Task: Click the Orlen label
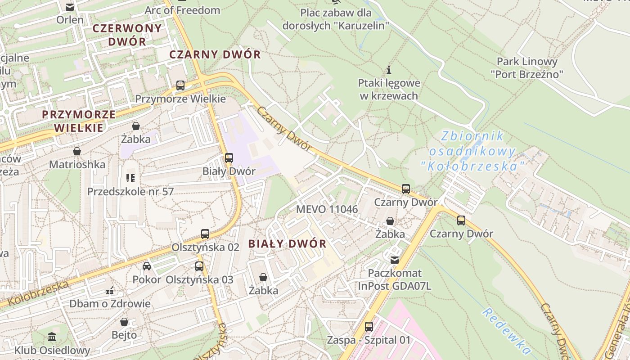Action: coord(70,20)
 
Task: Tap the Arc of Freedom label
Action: coord(182,10)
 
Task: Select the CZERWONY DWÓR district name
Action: coord(127,35)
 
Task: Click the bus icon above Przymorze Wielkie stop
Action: coord(180,85)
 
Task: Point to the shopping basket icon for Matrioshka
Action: coord(77,151)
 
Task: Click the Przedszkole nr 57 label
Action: coord(130,191)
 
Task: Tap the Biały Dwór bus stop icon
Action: coord(229,158)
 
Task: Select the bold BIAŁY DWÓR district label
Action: coord(287,244)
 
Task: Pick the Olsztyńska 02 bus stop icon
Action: coord(205,234)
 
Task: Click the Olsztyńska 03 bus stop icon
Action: coord(199,266)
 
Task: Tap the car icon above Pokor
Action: coord(147,266)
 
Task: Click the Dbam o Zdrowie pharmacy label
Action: coord(110,303)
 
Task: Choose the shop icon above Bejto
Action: coord(124,322)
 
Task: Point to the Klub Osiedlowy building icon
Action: coord(52,337)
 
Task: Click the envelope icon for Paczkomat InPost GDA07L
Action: coord(395,260)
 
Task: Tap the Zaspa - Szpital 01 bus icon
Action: coord(369,327)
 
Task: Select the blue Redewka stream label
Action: coord(506,331)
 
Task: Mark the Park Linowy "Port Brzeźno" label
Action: coord(527,67)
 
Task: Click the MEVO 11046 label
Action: coord(327,209)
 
